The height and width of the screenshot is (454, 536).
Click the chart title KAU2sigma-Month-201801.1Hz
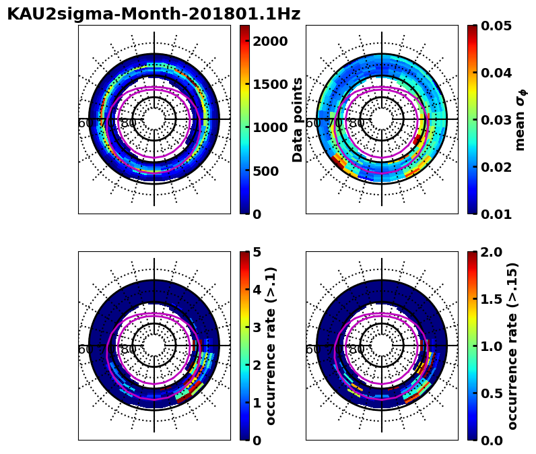click(x=154, y=14)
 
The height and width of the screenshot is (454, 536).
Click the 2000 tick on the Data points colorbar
click(x=270, y=41)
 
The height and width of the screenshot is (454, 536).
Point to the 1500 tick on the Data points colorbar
click(x=270, y=84)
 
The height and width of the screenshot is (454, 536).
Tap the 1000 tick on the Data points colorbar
click(x=270, y=127)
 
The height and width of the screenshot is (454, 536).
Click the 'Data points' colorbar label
click(x=298, y=119)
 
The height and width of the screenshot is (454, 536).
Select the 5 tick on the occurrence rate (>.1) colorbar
click(x=257, y=252)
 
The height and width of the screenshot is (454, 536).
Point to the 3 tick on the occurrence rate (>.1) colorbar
click(x=257, y=327)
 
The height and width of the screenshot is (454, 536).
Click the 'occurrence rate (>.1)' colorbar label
click(x=271, y=346)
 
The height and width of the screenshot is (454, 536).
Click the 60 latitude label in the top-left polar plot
click(x=86, y=123)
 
